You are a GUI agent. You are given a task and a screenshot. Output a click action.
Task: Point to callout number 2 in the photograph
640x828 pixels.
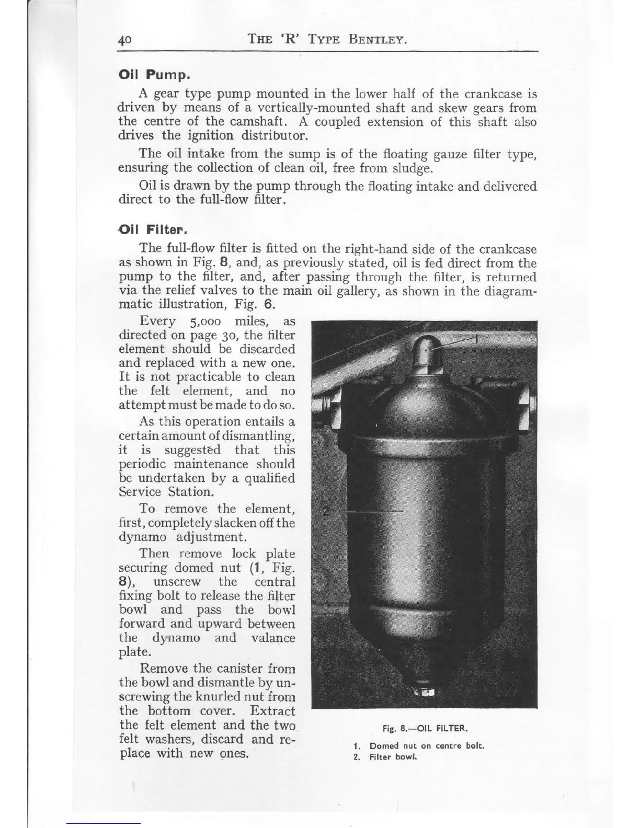coord(326,511)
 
